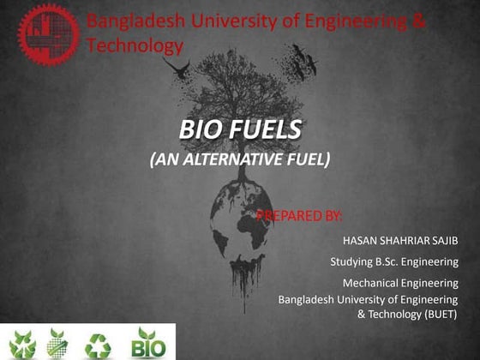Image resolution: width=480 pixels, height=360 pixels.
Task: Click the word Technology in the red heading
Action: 135,45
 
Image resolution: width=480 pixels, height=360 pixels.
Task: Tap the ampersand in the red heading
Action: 417,20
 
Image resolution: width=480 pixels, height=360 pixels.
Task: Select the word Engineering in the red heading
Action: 353,20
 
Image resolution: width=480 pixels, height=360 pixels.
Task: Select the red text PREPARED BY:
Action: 299,213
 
